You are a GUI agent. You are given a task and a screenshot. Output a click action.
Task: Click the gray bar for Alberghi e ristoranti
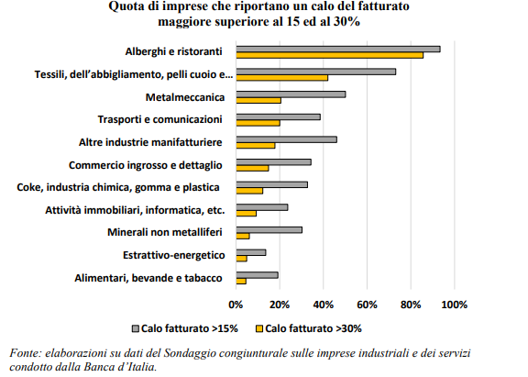pos(338,50)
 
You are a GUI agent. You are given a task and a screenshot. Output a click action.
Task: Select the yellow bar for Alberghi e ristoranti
pos(330,55)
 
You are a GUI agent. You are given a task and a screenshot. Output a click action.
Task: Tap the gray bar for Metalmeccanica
pos(291,94)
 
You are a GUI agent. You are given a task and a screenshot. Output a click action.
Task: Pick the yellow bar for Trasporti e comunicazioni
pos(258,123)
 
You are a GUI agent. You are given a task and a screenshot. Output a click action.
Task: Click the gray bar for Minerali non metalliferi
pos(269,229)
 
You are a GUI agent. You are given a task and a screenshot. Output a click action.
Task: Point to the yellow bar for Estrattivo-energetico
pos(241,259)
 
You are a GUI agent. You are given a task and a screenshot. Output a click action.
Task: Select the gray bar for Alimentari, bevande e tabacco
pos(257,275)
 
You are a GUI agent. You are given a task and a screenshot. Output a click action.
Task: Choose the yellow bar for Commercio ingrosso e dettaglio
pos(252,168)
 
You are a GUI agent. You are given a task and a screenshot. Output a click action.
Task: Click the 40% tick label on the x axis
pos(324,305)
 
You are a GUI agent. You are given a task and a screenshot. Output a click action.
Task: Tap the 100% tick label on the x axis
pos(455,305)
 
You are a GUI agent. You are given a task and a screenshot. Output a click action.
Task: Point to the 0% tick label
pos(236,305)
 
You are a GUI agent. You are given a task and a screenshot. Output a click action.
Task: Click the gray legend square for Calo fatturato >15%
pos(136,328)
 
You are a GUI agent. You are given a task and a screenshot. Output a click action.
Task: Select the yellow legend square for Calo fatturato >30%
pos(259,328)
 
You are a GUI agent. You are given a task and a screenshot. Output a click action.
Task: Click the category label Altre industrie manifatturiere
pos(150,142)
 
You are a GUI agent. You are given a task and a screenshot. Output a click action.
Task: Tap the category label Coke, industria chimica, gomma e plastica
pos(118,187)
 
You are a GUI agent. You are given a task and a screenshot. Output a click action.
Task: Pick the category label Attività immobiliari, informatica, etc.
pos(135,210)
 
